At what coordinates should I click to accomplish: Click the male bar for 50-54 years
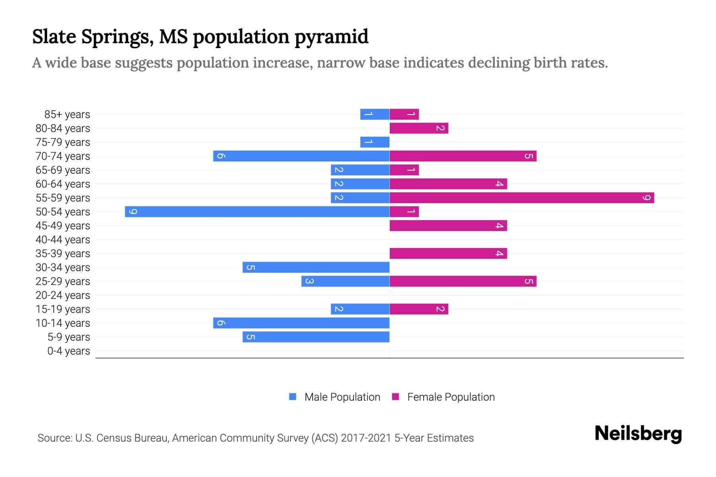[257, 211]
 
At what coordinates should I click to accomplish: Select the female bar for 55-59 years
[521, 198]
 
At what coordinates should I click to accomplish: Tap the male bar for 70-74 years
[301, 156]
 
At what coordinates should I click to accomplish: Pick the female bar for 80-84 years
[419, 128]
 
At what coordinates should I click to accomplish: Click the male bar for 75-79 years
[375, 142]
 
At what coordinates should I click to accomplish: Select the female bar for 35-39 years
[448, 253]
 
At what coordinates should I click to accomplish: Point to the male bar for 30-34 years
[316, 267]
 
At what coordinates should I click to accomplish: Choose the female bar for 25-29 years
[463, 281]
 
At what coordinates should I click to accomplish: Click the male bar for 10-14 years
[301, 323]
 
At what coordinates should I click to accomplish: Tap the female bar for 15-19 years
[419, 309]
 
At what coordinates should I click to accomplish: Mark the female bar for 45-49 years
[448, 225]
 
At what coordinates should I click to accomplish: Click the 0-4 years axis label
[68, 351]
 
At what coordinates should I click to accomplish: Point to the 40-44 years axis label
[63, 240]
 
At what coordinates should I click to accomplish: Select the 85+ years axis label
[67, 114]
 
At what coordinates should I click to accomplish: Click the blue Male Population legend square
[293, 397]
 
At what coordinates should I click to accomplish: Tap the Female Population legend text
[451, 397]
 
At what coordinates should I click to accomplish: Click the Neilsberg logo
[638, 434]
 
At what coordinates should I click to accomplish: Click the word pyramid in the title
[331, 37]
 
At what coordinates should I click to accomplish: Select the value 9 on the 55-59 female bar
[647, 198]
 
